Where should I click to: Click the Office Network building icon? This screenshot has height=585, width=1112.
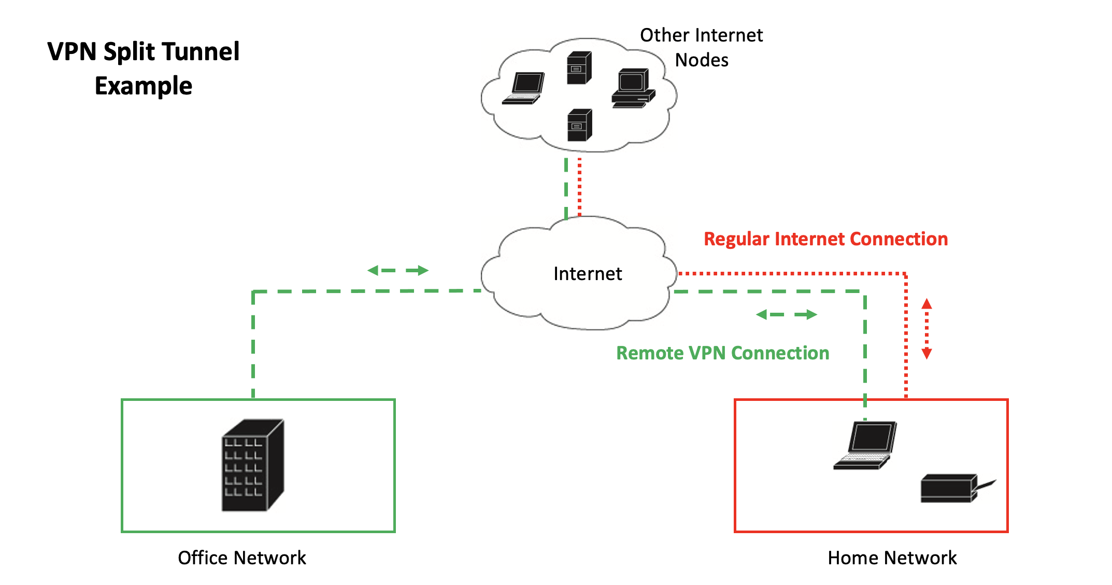pyautogui.click(x=253, y=465)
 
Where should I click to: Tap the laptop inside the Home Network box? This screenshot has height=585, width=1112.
pyautogui.click(x=865, y=446)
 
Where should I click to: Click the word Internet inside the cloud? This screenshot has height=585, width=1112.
pyautogui.click(x=588, y=274)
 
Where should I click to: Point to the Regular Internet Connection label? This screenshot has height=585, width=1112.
pyautogui.click(x=825, y=239)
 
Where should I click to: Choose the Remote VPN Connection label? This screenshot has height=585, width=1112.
pyautogui.click(x=722, y=353)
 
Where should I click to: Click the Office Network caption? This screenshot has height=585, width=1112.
pyautogui.click(x=242, y=558)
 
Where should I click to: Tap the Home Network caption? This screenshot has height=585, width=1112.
pyautogui.click(x=892, y=558)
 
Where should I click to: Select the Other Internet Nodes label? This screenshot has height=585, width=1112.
pyautogui.click(x=702, y=48)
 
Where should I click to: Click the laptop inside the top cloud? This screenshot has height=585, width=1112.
pyautogui.click(x=524, y=89)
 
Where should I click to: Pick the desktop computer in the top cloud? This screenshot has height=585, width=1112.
pyautogui.click(x=633, y=88)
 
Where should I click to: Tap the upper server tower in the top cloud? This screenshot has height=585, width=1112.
pyautogui.click(x=579, y=68)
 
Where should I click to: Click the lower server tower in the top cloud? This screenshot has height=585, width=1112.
pyautogui.click(x=579, y=125)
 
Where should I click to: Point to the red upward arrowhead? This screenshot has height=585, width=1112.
pyautogui.click(x=926, y=304)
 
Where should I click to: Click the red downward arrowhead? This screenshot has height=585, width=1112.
pyautogui.click(x=926, y=354)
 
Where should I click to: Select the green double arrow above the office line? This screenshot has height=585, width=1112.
pyautogui.click(x=397, y=270)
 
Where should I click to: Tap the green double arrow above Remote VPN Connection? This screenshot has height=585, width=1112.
pyautogui.click(x=787, y=314)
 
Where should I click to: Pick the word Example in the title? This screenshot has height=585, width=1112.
pyautogui.click(x=144, y=86)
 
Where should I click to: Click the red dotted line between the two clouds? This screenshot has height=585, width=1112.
pyautogui.click(x=579, y=187)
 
